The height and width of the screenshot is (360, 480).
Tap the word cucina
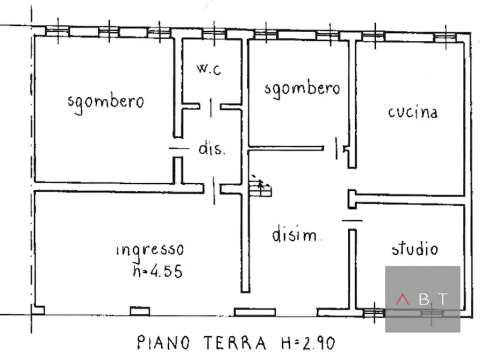click(412, 112)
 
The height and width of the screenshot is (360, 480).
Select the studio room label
click(414, 248)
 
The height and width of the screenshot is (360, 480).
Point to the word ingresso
click(150, 250)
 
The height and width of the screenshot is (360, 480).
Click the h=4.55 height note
click(157, 271)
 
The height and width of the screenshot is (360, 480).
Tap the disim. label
click(297, 235)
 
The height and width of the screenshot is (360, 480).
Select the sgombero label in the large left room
click(106, 101)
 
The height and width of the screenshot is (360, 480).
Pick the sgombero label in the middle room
click(302, 88)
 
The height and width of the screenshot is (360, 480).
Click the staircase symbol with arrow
click(261, 187)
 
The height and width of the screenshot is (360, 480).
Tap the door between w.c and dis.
click(211, 107)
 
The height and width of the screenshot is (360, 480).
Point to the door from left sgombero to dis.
click(178, 148)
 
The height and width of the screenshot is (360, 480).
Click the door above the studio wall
click(352, 219)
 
